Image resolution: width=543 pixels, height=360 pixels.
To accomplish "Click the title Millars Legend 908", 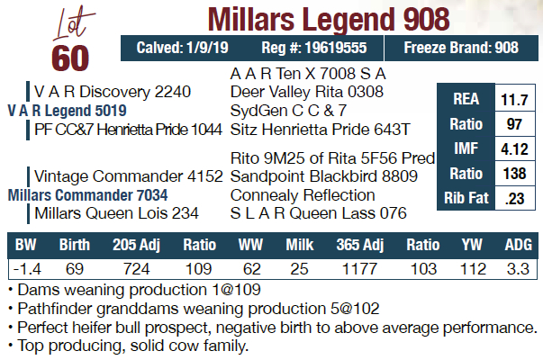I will (x=328, y=18).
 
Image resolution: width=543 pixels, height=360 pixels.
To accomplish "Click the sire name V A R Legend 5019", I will (x=67, y=110).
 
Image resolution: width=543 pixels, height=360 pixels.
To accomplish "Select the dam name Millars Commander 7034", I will (x=83, y=194).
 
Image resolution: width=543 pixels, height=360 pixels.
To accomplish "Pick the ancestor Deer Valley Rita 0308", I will (x=307, y=91).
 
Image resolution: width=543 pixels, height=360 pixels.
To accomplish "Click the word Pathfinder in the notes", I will (x=49, y=308).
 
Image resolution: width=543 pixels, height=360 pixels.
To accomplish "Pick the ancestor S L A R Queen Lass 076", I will (x=319, y=213).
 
